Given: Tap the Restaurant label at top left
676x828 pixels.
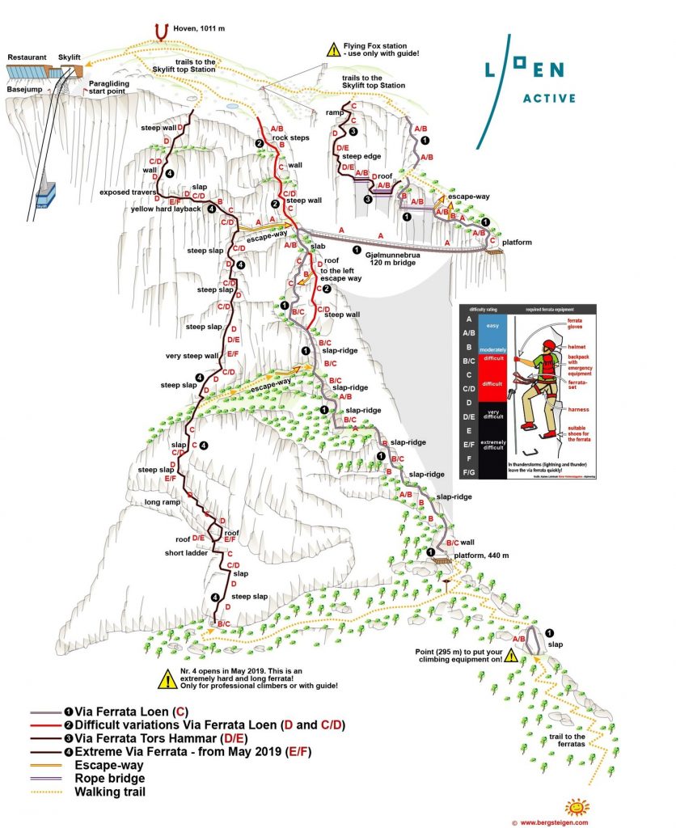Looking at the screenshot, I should (x=28, y=58).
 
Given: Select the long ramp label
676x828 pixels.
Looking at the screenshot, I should (x=163, y=502).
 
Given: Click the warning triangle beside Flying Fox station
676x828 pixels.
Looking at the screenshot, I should (x=333, y=50).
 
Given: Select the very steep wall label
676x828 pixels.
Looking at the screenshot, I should (x=192, y=356).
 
